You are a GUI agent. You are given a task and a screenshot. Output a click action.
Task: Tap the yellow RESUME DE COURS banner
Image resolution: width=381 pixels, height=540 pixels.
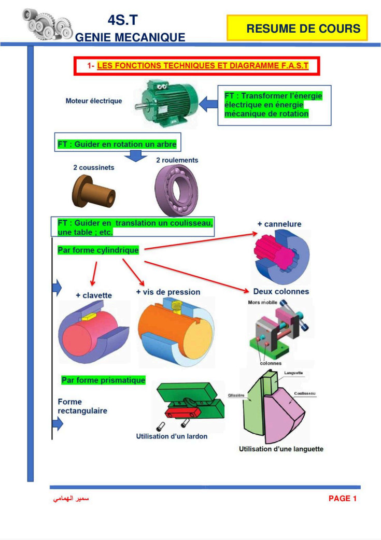point(297,28)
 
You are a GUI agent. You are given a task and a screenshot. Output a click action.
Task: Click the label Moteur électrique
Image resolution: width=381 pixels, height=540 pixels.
point(94,101)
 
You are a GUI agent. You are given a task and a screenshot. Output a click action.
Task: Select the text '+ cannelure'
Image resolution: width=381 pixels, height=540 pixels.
point(279,224)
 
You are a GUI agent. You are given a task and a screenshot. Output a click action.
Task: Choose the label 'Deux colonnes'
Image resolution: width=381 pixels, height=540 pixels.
point(281,292)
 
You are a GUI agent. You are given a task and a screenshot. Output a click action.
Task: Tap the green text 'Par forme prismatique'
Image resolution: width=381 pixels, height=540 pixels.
point(103,380)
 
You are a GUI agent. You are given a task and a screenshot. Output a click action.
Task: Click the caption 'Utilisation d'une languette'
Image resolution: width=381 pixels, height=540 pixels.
point(281,449)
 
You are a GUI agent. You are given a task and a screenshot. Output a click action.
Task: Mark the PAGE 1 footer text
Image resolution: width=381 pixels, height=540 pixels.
point(343,499)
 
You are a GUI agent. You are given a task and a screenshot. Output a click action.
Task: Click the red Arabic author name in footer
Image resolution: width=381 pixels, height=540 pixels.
point(71,499)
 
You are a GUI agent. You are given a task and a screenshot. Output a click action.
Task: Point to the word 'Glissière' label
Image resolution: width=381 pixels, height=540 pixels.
point(236,395)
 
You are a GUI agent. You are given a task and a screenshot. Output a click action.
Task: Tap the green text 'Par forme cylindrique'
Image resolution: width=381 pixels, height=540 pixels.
point(98,250)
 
